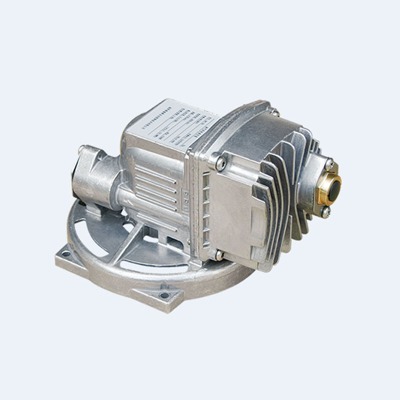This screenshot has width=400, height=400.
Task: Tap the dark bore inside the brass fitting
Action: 333,185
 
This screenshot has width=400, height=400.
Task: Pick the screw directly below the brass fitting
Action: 325,212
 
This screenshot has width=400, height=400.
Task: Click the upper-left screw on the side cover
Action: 220,162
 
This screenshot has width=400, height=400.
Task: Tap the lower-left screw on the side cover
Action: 218,254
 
